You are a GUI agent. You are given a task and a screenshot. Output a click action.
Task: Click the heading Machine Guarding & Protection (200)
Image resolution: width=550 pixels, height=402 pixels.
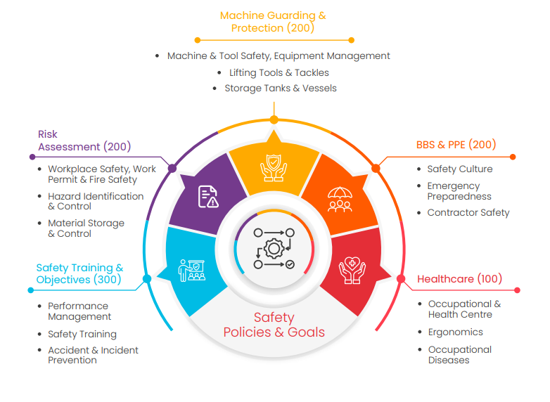(x=273, y=22)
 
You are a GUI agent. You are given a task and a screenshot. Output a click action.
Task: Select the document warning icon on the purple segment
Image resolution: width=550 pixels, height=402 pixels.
(x=208, y=196)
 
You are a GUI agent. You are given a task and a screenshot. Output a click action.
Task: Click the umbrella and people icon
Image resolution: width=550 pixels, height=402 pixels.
(x=340, y=199)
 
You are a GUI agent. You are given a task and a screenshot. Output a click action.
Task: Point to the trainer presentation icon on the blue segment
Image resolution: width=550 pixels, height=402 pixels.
(x=192, y=270)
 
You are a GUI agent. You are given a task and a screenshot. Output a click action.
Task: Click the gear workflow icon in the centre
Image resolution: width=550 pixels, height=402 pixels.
(x=274, y=248)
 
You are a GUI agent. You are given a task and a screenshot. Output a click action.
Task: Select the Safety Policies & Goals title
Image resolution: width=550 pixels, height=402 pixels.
(x=274, y=325)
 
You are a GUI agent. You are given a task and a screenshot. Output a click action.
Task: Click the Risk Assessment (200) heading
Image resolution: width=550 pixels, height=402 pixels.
(x=84, y=141)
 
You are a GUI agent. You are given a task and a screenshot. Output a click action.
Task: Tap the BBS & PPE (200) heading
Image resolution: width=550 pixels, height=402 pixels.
(x=456, y=145)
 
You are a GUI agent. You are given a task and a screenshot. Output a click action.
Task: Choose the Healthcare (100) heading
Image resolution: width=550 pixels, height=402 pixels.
(x=459, y=279)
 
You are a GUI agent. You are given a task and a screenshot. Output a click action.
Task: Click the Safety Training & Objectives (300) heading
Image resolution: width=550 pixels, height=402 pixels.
(x=79, y=273)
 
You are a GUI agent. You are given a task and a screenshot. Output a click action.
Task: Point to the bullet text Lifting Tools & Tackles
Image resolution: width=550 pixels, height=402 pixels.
(x=279, y=72)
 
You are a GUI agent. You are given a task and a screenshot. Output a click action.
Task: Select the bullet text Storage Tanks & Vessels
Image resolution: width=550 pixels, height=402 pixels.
(x=280, y=89)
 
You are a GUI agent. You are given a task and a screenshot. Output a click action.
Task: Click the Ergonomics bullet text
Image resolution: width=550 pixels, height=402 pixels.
(x=455, y=332)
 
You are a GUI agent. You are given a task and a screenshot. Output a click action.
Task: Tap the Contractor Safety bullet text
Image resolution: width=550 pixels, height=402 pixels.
(x=468, y=213)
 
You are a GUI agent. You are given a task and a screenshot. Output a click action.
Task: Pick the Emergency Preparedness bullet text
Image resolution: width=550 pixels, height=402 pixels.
(x=459, y=191)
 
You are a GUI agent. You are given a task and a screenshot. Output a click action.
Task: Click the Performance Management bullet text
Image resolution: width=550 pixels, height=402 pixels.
(x=79, y=311)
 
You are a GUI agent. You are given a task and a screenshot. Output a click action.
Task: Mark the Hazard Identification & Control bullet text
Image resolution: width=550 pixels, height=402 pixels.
(x=95, y=201)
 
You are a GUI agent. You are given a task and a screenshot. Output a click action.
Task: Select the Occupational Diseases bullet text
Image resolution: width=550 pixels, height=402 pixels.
(x=459, y=355)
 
